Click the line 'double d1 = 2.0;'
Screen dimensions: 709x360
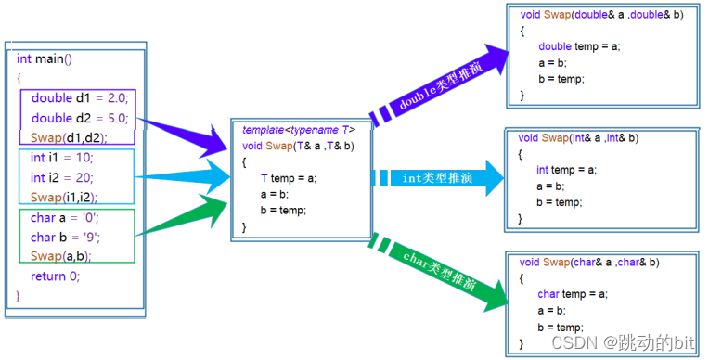click(x=80, y=98)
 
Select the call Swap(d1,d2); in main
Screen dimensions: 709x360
click(x=69, y=137)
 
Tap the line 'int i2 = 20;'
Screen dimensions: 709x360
click(x=62, y=178)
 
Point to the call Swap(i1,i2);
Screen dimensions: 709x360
click(x=64, y=198)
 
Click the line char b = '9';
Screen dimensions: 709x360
click(x=65, y=237)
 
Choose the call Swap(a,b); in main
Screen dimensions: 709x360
click(x=60, y=256)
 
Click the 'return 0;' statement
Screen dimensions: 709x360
click(x=55, y=276)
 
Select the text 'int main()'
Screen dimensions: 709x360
click(x=45, y=59)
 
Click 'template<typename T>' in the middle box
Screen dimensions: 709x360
click(x=299, y=130)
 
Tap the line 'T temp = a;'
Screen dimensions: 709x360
click(x=289, y=179)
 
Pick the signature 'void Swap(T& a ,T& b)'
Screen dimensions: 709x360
click(x=298, y=146)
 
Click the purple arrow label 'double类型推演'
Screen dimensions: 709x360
click(x=441, y=86)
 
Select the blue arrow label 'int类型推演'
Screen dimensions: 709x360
click(x=437, y=178)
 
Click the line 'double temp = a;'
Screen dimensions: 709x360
click(x=579, y=46)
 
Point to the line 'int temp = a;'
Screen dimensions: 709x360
click(x=566, y=170)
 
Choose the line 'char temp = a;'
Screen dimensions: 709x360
click(x=573, y=294)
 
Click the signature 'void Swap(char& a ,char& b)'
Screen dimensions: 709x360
click(x=589, y=263)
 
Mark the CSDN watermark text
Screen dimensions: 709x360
click(x=623, y=342)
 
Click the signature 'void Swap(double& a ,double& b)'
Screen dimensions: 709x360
click(x=602, y=15)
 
